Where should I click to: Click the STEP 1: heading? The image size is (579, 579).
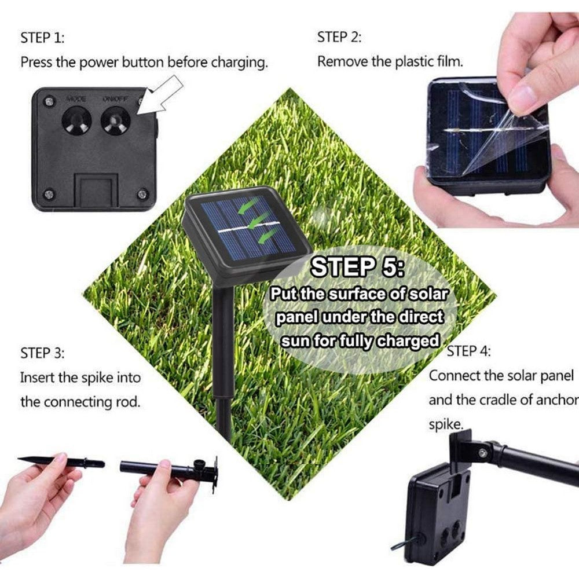(42, 38)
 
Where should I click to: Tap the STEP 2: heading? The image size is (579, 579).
(339, 37)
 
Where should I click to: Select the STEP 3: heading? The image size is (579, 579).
(42, 353)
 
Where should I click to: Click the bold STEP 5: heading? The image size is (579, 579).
(357, 267)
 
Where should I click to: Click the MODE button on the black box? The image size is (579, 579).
(76, 120)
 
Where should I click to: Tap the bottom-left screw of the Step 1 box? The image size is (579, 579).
(48, 193)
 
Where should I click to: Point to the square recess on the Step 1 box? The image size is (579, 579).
(96, 190)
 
